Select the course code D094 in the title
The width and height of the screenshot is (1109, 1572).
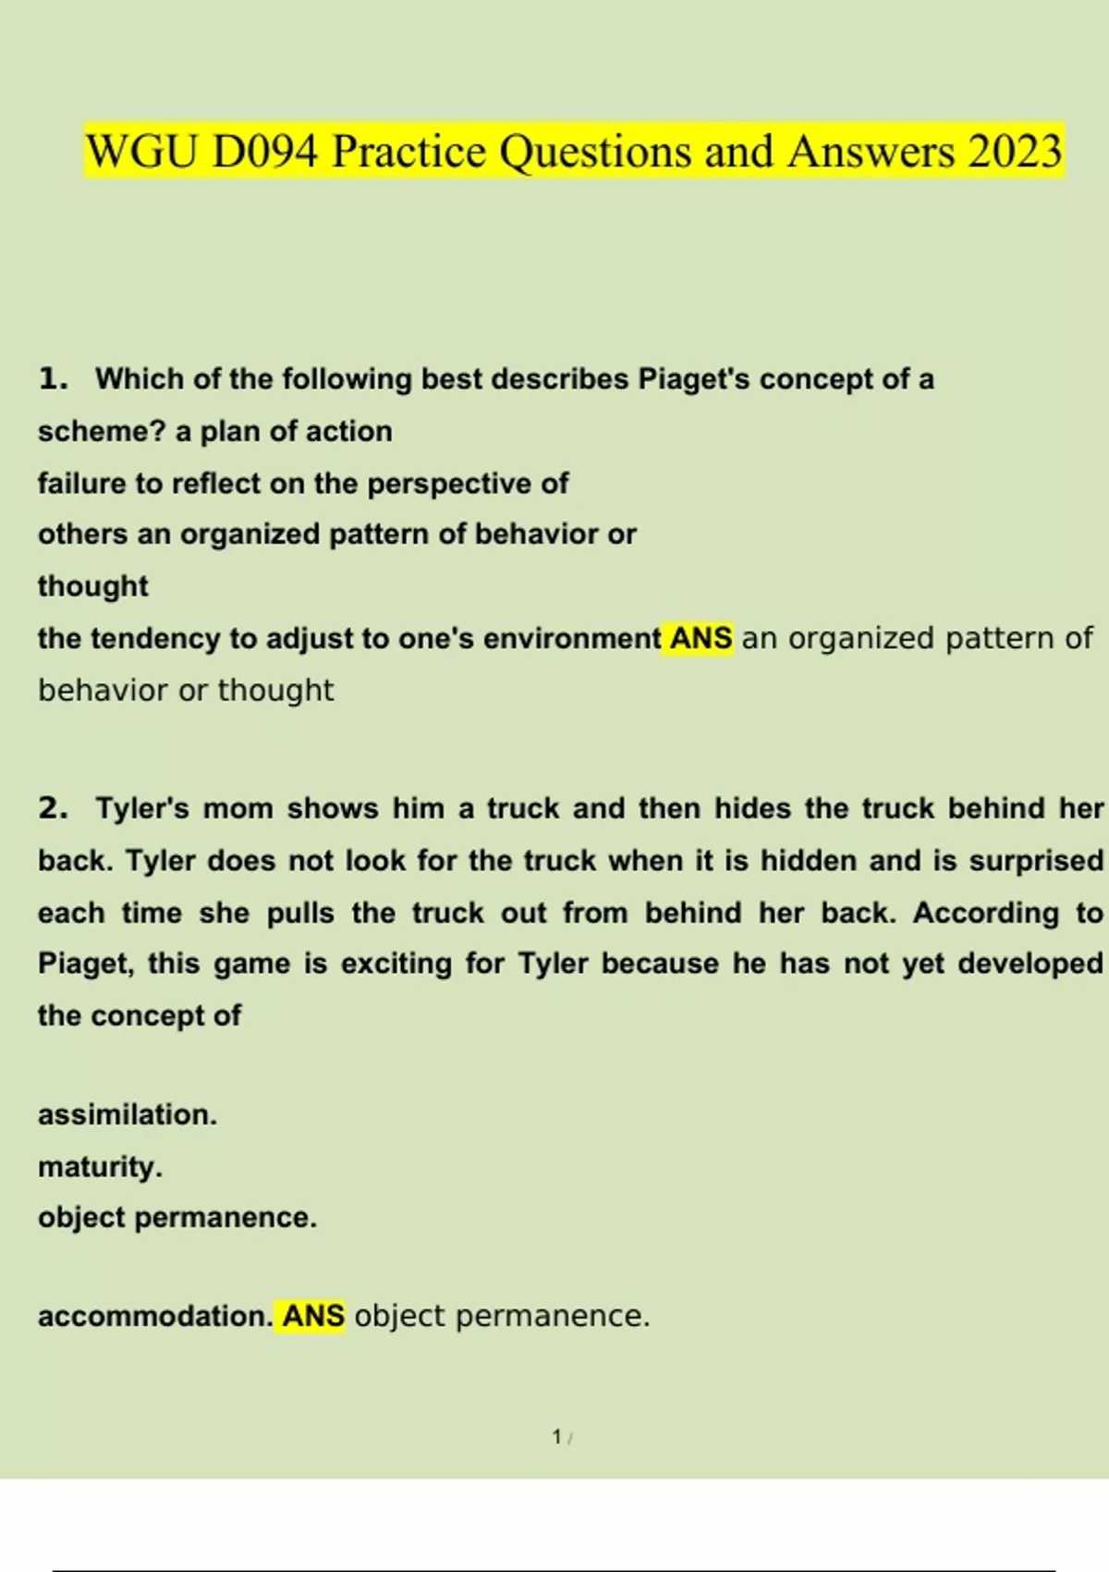(x=265, y=152)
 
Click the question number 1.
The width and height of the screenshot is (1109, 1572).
(x=53, y=378)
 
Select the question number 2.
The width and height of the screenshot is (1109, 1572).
(x=53, y=808)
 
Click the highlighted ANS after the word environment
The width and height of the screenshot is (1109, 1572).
(x=701, y=639)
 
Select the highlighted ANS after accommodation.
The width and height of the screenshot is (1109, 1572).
(x=313, y=1316)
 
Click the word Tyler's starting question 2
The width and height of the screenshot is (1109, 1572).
(x=142, y=808)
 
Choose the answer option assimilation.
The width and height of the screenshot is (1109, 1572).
(x=128, y=1115)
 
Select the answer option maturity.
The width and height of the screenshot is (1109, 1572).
(x=100, y=1167)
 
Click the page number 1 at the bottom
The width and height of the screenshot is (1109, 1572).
(x=556, y=1437)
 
